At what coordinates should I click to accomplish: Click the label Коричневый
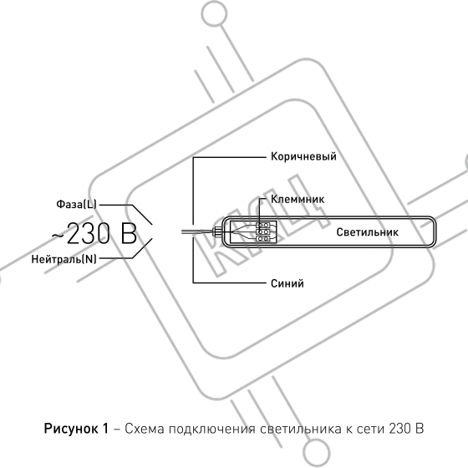303,157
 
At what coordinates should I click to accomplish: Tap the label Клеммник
298,199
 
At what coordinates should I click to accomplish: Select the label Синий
287,283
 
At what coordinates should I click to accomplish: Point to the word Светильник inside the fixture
367,232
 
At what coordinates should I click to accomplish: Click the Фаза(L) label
76,205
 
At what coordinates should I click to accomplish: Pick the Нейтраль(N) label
64,259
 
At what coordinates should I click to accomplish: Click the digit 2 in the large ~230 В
74,234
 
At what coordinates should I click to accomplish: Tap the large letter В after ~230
129,234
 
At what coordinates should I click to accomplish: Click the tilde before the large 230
58,236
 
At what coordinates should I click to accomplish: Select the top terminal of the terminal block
263,225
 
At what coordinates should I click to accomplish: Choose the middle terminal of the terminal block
263,231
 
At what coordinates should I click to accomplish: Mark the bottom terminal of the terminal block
263,238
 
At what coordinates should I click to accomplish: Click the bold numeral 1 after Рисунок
105,429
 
